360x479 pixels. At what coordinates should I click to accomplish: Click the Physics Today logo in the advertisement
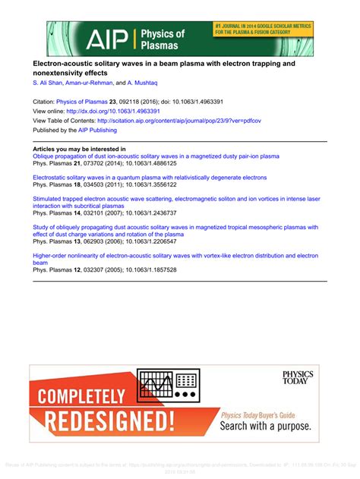pyautogui.click(x=297, y=377)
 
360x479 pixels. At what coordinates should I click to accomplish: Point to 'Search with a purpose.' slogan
pyautogui.click(x=270, y=426)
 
